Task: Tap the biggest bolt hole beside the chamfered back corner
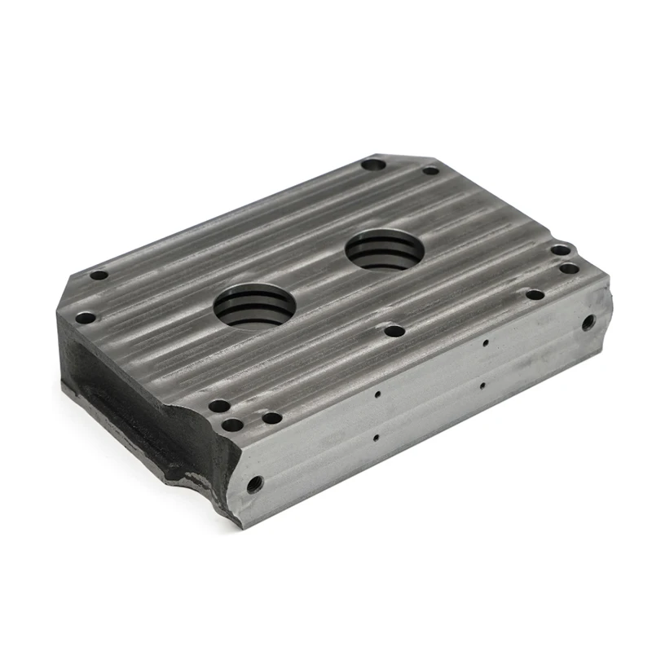tap(373, 164)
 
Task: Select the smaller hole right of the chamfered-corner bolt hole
tap(430, 170)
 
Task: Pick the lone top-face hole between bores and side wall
tap(394, 331)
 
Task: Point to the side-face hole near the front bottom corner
tap(254, 485)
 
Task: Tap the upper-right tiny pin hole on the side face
tap(486, 343)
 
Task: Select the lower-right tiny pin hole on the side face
tap(482, 385)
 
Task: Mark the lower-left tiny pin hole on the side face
tap(375, 438)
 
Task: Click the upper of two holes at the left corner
tap(99, 275)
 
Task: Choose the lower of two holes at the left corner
tap(85, 318)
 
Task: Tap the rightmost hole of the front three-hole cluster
tap(271, 418)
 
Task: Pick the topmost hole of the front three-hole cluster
tap(218, 405)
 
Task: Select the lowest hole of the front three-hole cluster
tap(232, 425)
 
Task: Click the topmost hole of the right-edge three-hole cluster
tap(560, 250)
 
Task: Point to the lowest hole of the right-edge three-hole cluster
tap(535, 294)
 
